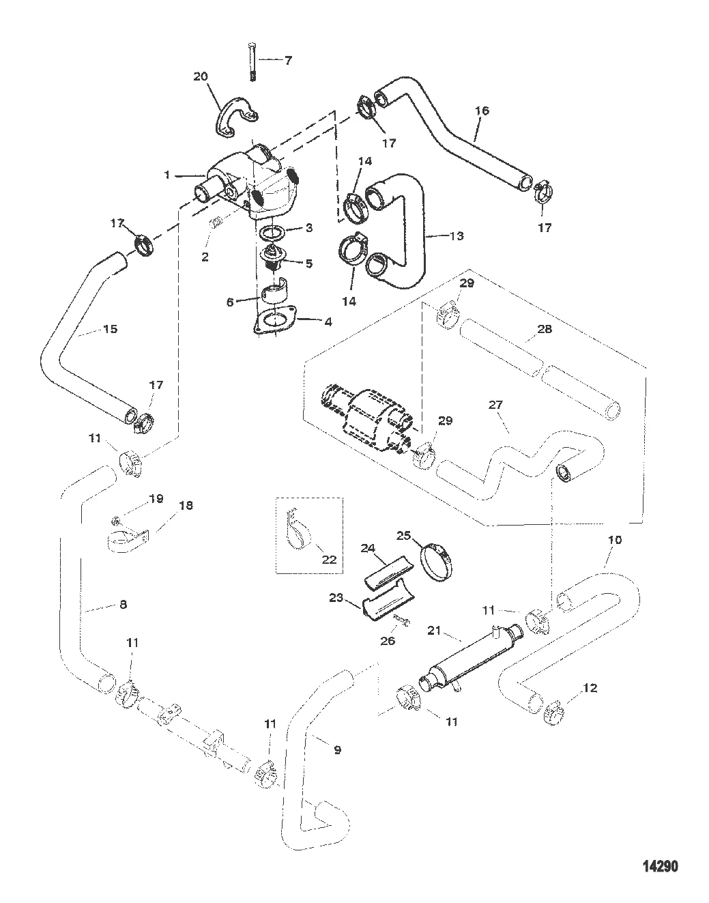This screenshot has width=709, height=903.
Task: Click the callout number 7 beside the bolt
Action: tap(287, 60)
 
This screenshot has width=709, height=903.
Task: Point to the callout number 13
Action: tap(457, 235)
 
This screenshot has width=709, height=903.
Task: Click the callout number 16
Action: tap(482, 110)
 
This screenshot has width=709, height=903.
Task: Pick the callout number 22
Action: tap(329, 560)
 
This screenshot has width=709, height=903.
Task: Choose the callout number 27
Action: tap(495, 405)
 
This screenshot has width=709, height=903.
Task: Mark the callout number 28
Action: tap(544, 329)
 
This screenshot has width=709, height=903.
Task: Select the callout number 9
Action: tap(336, 749)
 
